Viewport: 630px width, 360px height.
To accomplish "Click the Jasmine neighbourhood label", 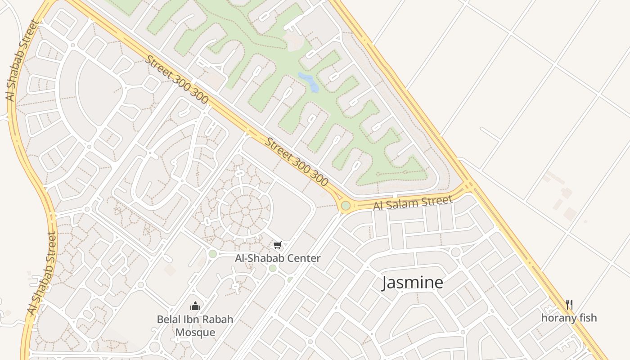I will [x=413, y=283].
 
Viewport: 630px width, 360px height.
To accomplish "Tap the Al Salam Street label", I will [x=413, y=203].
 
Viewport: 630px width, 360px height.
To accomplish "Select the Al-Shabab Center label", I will [x=278, y=258].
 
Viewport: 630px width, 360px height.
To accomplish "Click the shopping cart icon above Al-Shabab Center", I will [x=278, y=245].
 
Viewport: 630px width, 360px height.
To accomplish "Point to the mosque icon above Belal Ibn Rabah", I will [x=195, y=306].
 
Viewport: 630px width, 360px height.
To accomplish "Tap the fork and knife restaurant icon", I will [x=569, y=305].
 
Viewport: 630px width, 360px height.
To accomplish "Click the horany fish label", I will [x=569, y=318].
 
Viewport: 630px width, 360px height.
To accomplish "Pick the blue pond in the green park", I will [x=310, y=82].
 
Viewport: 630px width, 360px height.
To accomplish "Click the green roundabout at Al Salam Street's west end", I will [x=346, y=206].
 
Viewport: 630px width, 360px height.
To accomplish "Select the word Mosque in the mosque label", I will [x=195, y=333].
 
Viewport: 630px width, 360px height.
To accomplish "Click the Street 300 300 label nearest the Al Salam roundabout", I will [x=296, y=162].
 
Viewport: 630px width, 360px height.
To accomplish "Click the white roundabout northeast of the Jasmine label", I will [x=455, y=252].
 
